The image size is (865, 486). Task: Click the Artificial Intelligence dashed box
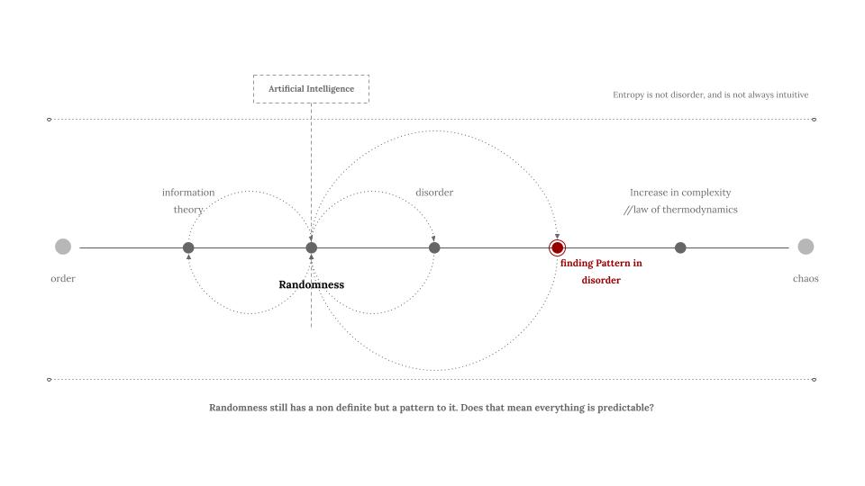(x=311, y=89)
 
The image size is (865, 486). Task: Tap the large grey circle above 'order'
(x=63, y=247)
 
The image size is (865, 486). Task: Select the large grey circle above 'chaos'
(x=806, y=247)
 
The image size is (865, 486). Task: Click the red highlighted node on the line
(x=558, y=247)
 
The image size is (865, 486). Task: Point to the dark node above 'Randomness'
(x=312, y=247)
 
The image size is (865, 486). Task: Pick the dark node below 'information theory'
(x=188, y=247)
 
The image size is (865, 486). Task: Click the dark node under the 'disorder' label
(x=434, y=247)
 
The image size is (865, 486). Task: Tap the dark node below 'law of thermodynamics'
(x=680, y=247)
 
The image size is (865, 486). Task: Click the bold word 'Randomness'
(x=311, y=284)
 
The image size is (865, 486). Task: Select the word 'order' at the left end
(x=63, y=279)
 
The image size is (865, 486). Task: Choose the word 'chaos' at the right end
(x=806, y=279)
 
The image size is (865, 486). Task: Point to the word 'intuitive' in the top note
(x=790, y=94)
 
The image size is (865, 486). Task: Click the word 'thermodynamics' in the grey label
(x=697, y=210)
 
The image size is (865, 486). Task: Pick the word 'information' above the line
(x=188, y=193)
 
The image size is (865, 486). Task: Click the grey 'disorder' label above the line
(x=434, y=193)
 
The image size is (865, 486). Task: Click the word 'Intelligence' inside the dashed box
(x=330, y=89)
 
